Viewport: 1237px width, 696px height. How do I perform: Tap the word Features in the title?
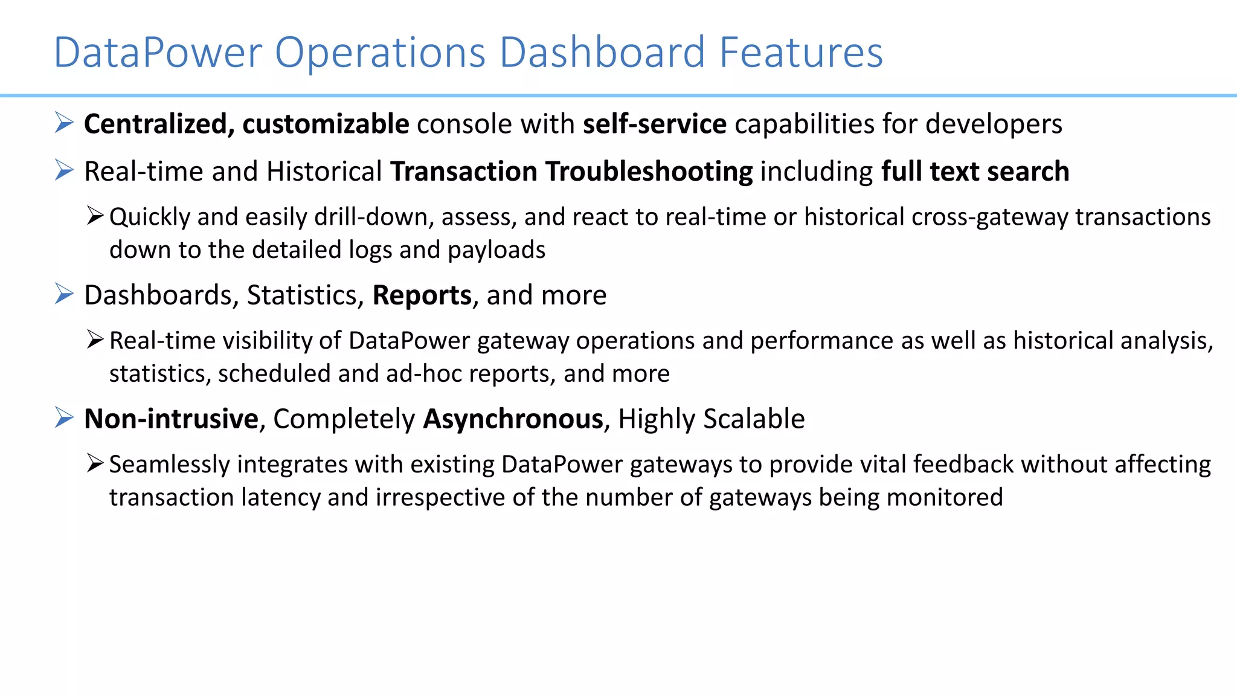point(801,52)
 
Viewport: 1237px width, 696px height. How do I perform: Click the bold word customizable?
point(326,124)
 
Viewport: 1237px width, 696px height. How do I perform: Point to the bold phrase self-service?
point(655,124)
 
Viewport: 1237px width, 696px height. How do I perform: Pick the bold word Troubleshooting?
point(649,172)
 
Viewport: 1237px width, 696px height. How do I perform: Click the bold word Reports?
point(422,295)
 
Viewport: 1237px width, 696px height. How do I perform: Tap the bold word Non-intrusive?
point(172,419)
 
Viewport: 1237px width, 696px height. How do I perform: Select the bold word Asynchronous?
point(513,419)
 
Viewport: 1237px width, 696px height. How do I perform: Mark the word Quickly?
point(149,217)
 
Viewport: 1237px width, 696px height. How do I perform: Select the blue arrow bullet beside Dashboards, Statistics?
point(64,294)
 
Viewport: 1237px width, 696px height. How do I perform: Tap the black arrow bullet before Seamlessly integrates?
point(95,463)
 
